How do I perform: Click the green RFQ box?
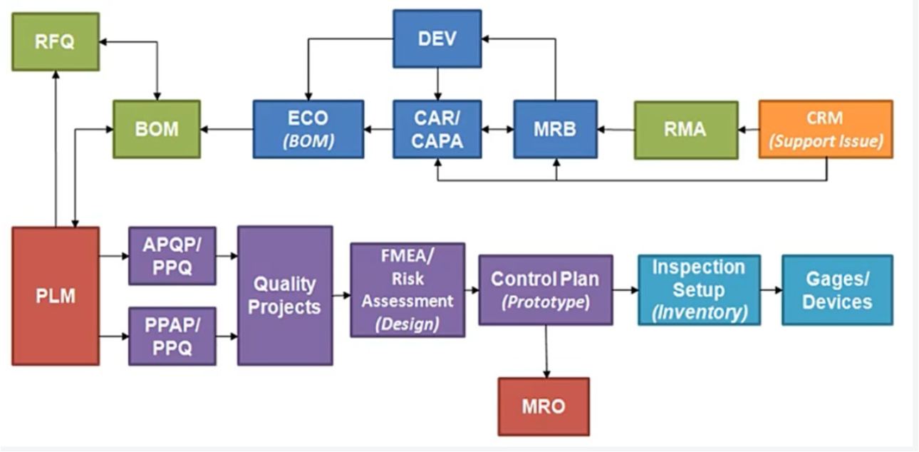pyautogui.click(x=56, y=41)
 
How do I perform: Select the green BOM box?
pyautogui.click(x=156, y=129)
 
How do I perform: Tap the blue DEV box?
pyautogui.click(x=437, y=38)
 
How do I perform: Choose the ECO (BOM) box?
pyautogui.click(x=308, y=129)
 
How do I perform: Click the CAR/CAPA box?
pyautogui.click(x=437, y=129)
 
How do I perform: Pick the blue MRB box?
pyautogui.click(x=555, y=129)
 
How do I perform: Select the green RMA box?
pyautogui.click(x=685, y=130)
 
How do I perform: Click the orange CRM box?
pyautogui.click(x=825, y=129)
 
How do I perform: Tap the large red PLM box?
pyautogui.click(x=56, y=296)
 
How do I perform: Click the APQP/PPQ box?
pyautogui.click(x=172, y=255)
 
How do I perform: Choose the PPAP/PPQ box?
pyautogui.click(x=172, y=336)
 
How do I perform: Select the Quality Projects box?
pyautogui.click(x=285, y=295)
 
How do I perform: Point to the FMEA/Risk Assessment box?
pyautogui.click(x=407, y=289)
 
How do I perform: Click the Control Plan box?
pyautogui.click(x=545, y=289)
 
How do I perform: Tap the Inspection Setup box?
pyautogui.click(x=698, y=289)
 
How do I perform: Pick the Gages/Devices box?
pyautogui.click(x=836, y=289)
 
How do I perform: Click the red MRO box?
pyautogui.click(x=544, y=406)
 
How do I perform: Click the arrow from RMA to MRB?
pyautogui.click(x=616, y=130)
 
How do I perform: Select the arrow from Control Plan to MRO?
pyautogui.click(x=546, y=351)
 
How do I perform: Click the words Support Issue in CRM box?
pyautogui.click(x=825, y=141)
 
